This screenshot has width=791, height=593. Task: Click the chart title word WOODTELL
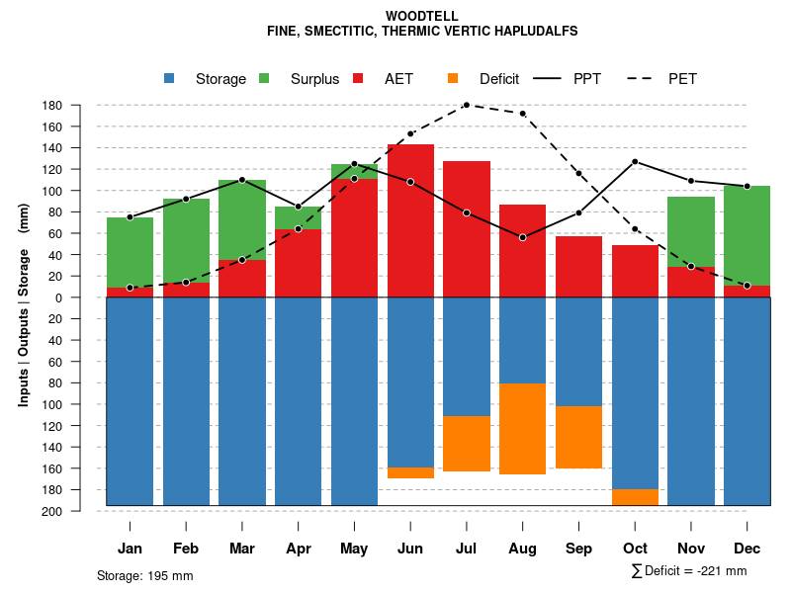pyautogui.click(x=422, y=17)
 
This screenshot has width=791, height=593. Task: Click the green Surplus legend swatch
pyautogui.click(x=264, y=79)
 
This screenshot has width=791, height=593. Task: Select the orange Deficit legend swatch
pyautogui.click(x=453, y=79)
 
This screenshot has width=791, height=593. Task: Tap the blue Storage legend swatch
pyautogui.click(x=169, y=79)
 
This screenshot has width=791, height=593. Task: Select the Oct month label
pyautogui.click(x=635, y=549)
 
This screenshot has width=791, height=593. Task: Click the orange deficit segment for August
pyautogui.click(x=522, y=429)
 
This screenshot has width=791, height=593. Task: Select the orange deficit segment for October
pyautogui.click(x=635, y=497)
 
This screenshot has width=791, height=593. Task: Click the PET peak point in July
pyautogui.click(x=466, y=105)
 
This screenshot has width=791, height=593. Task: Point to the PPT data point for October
pyautogui.click(x=635, y=161)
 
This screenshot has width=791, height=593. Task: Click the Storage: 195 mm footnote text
pyautogui.click(x=144, y=575)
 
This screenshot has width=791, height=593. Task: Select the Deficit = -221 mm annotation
pyautogui.click(x=689, y=571)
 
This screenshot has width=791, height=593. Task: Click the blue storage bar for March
pyautogui.click(x=242, y=400)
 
